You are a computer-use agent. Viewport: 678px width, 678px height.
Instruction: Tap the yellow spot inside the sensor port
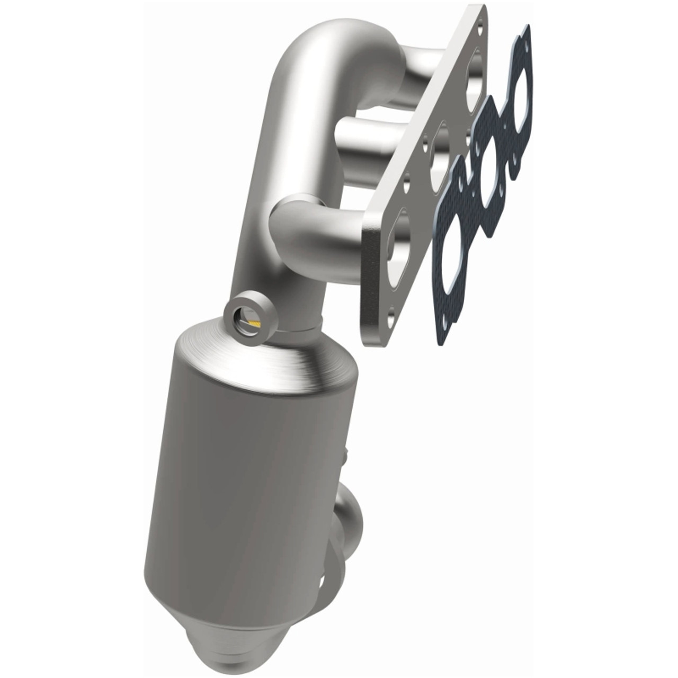254,322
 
